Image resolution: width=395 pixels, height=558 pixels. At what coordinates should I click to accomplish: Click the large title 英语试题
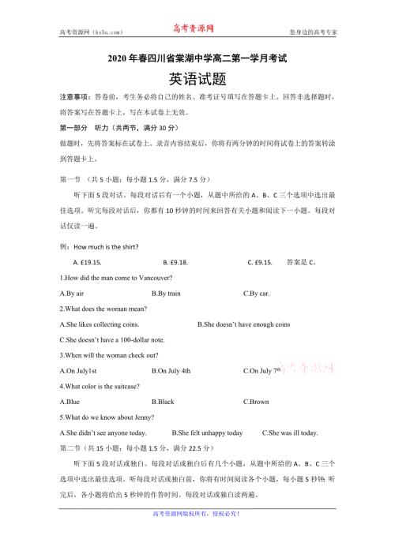(197, 80)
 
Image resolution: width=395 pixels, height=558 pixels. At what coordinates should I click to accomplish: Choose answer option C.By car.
(257, 293)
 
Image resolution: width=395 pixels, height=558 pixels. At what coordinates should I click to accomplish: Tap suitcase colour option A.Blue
(70, 401)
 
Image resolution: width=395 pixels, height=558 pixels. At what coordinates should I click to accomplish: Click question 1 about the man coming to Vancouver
(116, 277)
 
